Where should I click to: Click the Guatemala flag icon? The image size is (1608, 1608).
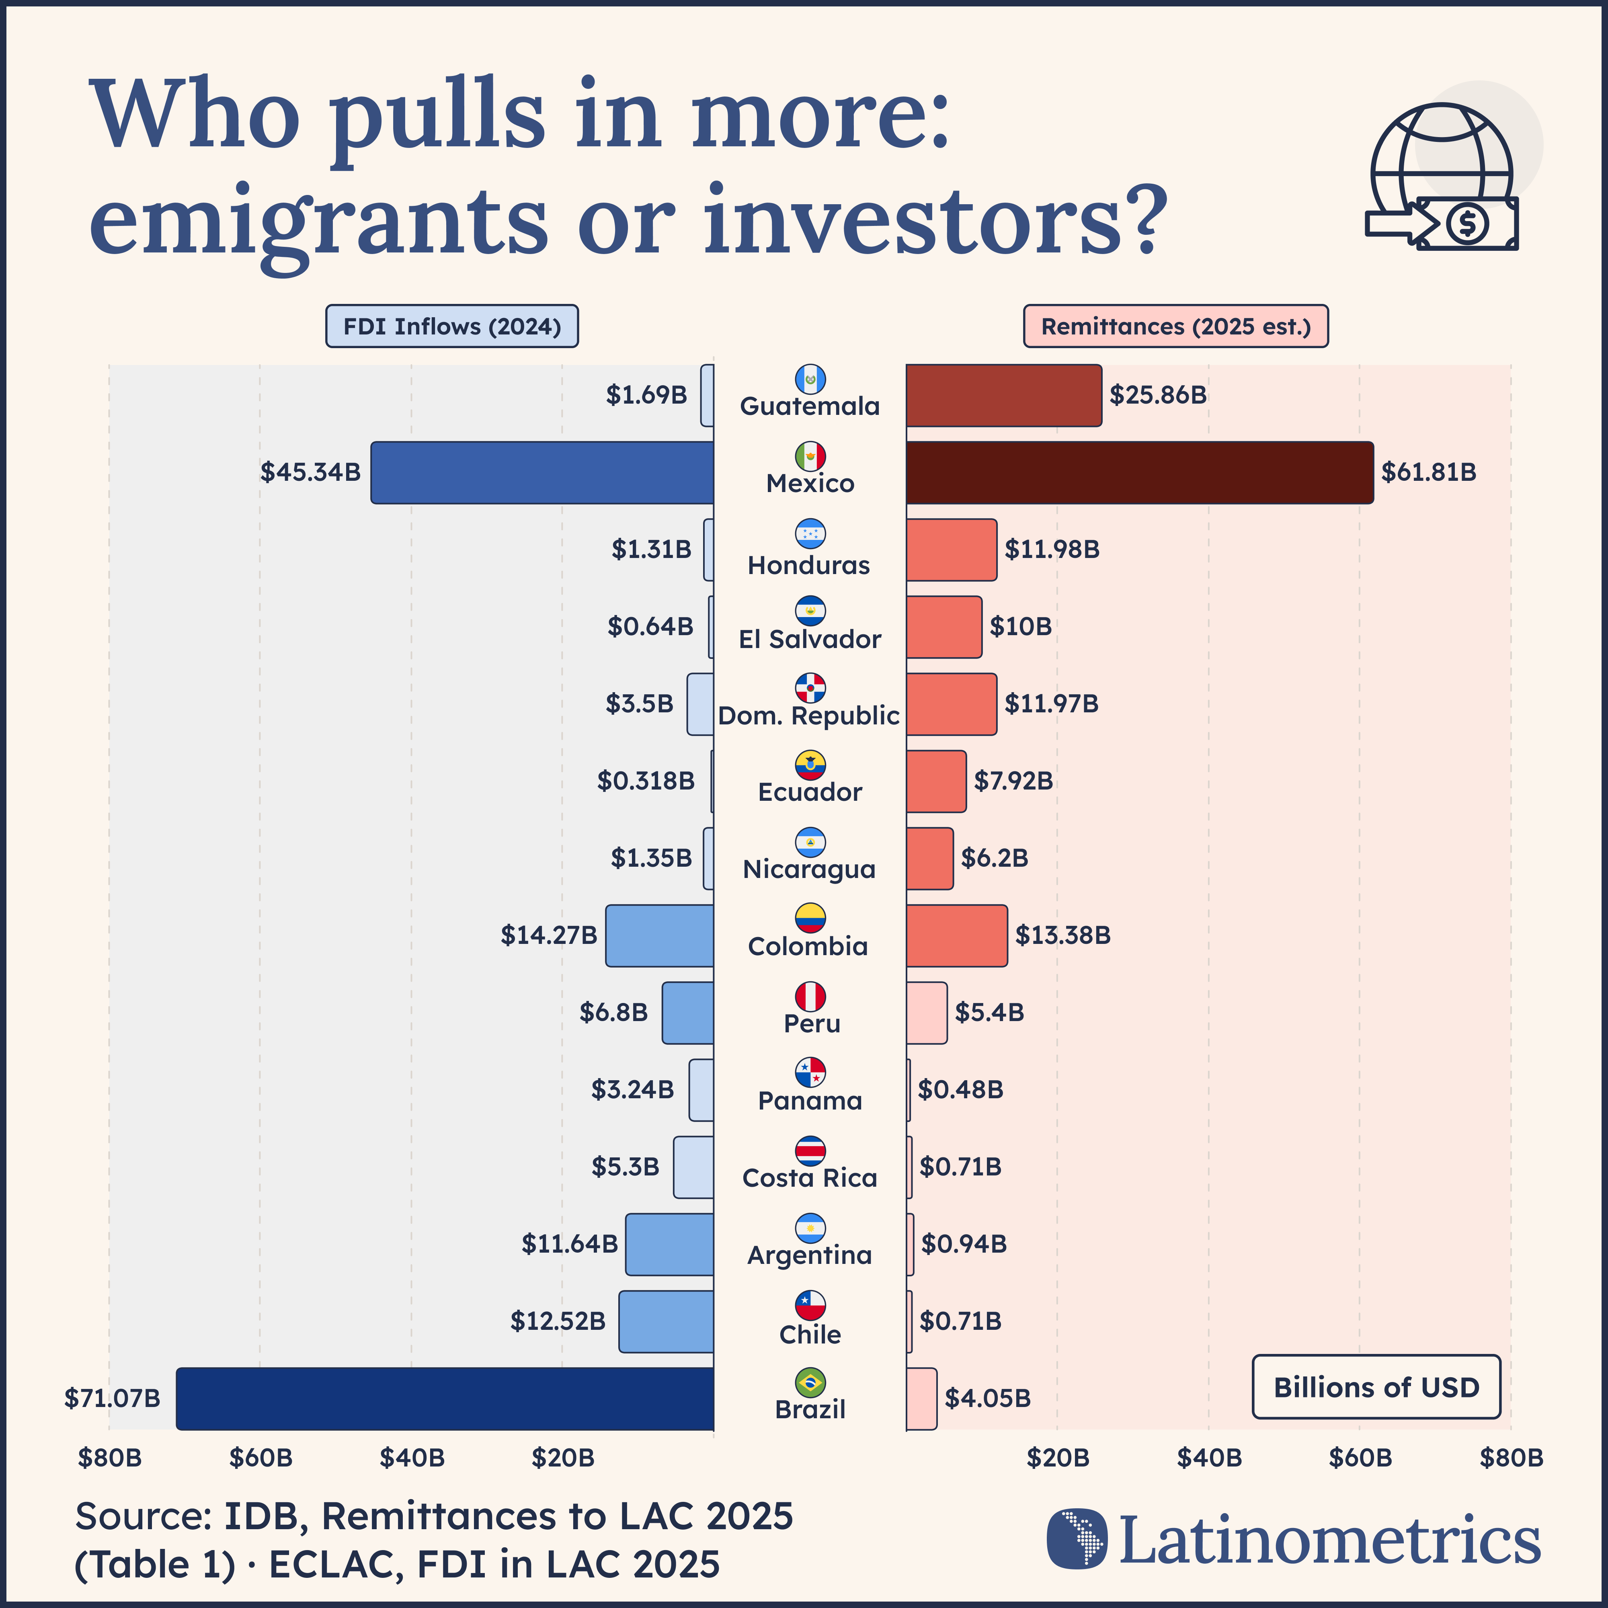click(x=810, y=379)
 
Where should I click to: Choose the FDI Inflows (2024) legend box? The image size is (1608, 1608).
click(x=452, y=326)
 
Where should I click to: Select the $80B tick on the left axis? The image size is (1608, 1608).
click(x=109, y=1458)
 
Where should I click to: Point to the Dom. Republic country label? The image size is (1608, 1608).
click(x=809, y=716)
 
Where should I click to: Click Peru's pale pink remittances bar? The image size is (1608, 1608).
click(x=926, y=1013)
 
